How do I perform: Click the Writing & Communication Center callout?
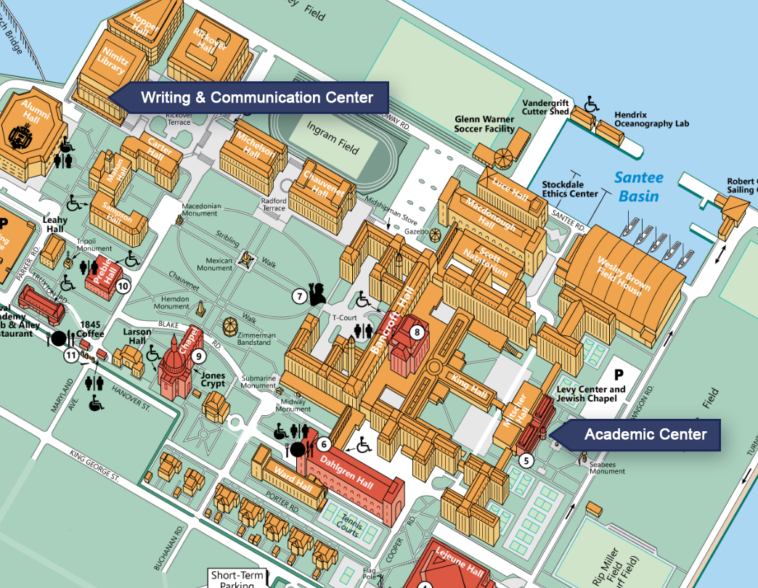256,97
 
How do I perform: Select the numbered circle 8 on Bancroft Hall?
417,332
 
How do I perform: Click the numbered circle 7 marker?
299,295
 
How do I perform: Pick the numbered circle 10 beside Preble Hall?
123,285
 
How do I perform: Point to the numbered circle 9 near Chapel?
199,356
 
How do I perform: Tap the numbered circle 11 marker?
70,355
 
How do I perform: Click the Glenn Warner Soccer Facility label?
484,124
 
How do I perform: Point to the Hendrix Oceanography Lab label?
651,119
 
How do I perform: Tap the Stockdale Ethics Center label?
570,189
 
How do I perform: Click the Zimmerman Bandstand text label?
256,340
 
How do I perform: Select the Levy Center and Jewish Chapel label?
591,394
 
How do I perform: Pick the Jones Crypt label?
213,380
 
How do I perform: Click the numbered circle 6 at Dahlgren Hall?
325,444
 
